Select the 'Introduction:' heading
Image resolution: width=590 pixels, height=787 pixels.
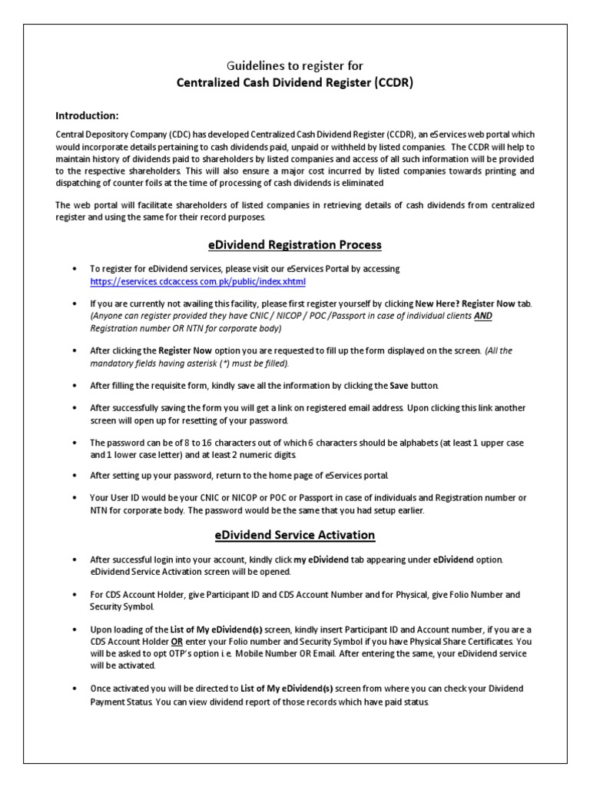coord(87,115)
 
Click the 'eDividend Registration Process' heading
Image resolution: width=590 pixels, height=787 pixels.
coord(295,245)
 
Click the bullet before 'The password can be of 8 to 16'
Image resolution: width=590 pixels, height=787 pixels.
coord(74,443)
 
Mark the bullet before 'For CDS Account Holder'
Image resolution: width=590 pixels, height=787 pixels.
coord(74,595)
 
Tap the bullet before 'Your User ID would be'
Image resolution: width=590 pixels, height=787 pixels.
coord(74,498)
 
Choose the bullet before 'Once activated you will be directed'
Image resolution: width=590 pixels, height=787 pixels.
coord(74,689)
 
